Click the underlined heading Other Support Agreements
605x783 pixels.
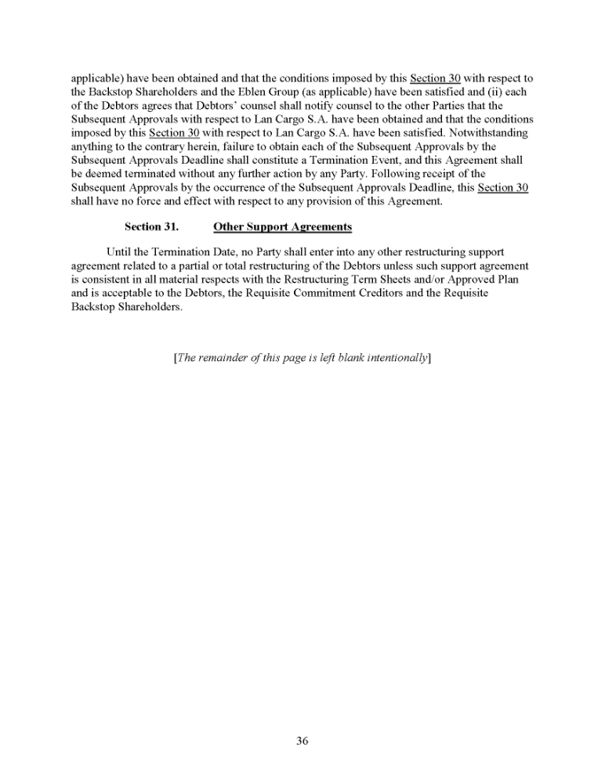[x=282, y=227]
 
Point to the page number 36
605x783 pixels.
[x=302, y=742]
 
